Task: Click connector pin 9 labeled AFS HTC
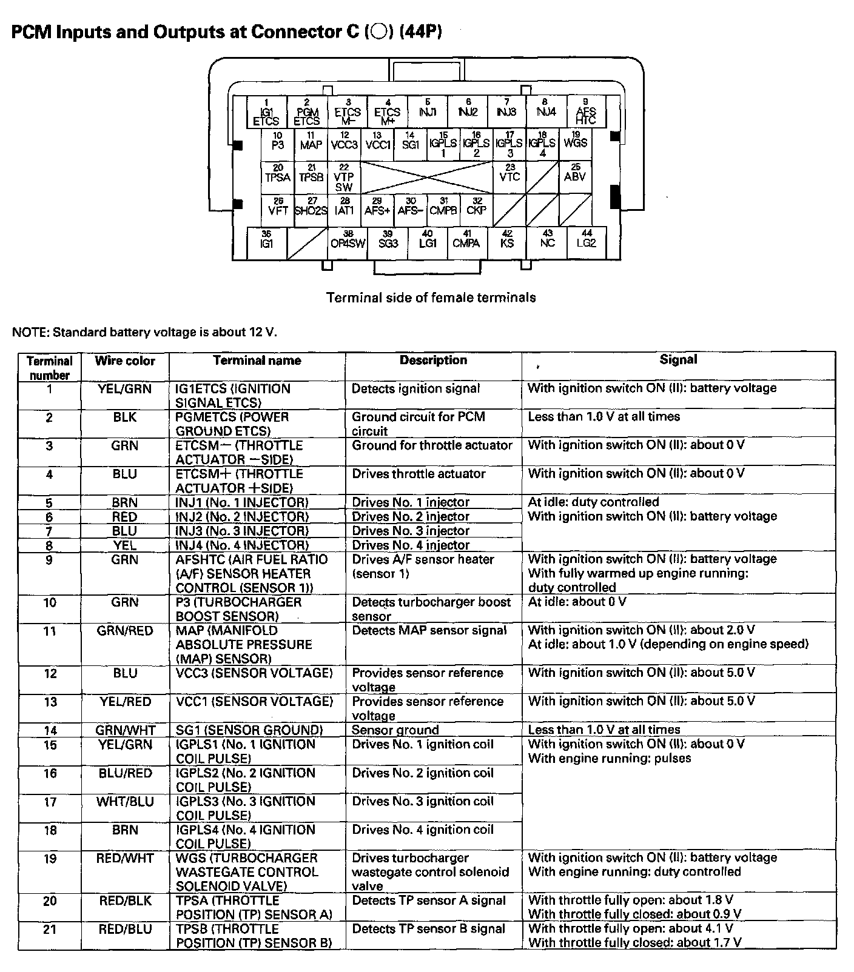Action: [585, 112]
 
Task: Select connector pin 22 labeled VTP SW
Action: [344, 178]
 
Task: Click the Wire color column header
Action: [125, 361]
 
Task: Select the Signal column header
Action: [678, 360]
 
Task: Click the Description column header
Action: [433, 361]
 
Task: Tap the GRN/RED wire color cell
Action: [125, 631]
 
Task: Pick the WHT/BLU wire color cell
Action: [125, 802]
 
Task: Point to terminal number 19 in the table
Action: [50, 859]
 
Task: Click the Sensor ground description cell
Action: [395, 730]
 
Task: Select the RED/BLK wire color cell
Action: [125, 901]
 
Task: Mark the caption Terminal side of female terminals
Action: [431, 298]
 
